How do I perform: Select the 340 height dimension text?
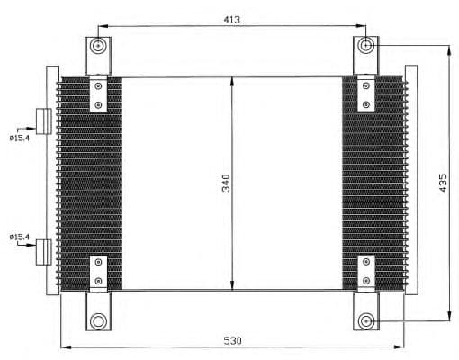point(225,184)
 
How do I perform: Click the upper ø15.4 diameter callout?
point(19,137)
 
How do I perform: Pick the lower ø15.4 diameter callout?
point(19,237)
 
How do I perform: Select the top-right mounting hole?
point(366,46)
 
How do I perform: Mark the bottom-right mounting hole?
point(366,319)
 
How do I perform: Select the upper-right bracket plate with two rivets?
point(366,94)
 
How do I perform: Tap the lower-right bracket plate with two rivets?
point(366,273)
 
